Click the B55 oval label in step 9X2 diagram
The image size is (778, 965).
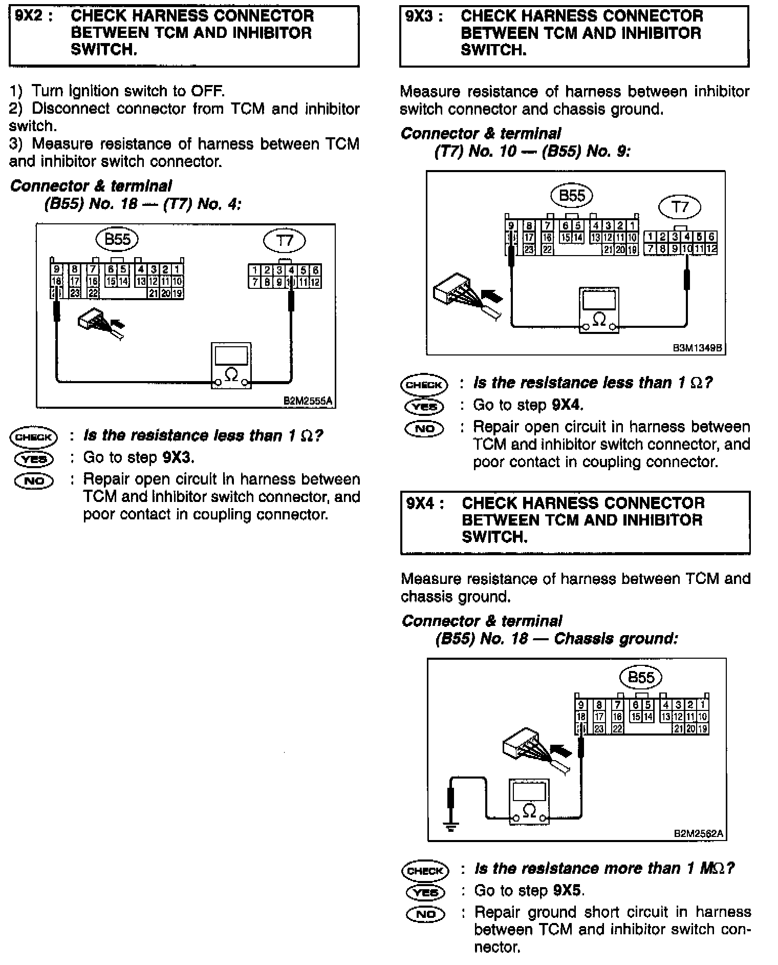[117, 239]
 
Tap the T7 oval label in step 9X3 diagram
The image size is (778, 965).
[679, 207]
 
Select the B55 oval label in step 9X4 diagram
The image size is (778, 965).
[640, 677]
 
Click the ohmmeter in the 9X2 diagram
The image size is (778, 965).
[231, 365]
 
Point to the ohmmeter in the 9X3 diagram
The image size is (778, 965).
[598, 310]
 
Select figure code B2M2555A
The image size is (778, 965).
[308, 401]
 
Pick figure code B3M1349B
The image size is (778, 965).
[697, 348]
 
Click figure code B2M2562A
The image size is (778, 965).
[698, 833]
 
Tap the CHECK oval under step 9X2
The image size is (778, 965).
[34, 437]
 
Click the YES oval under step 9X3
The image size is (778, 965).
[424, 406]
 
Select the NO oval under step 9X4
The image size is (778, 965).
[425, 914]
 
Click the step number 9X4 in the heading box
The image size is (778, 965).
[422, 504]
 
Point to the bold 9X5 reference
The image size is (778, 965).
[568, 891]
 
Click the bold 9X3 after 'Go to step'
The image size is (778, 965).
[178, 457]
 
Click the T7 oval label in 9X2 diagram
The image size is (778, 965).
[284, 240]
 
